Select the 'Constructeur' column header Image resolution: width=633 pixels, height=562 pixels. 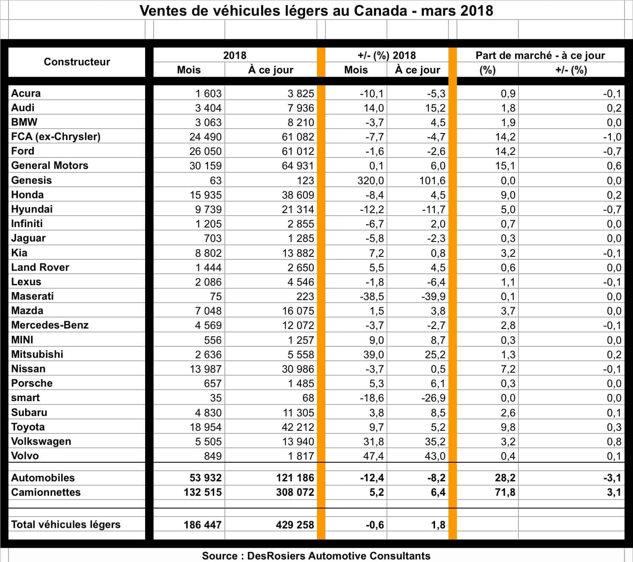(77, 62)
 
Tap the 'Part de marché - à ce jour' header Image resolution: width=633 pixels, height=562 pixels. (540, 55)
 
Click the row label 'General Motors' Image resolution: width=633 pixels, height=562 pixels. (50, 166)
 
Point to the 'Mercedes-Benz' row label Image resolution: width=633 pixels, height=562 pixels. (50, 325)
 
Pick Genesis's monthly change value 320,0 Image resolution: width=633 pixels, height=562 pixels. (370, 180)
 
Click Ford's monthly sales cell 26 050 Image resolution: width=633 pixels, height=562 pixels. (205, 151)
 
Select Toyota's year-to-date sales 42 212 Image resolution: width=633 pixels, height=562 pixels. (298, 427)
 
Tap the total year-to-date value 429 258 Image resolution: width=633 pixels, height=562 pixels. (295, 525)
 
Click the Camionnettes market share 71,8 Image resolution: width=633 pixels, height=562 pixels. (505, 492)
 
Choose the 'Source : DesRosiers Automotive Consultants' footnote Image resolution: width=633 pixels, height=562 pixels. (316, 556)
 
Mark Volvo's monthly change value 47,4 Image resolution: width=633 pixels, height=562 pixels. (373, 456)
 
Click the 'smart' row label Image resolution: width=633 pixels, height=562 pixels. (25, 398)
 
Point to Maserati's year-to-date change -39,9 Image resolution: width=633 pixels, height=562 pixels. (433, 296)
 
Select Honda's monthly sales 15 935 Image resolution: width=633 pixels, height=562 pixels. (205, 195)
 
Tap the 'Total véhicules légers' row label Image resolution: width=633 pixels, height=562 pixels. (66, 525)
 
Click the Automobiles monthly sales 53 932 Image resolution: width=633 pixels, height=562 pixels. (205, 478)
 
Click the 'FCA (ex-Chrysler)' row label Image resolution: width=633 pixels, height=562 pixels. (56, 137)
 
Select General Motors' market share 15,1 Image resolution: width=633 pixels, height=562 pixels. (505, 166)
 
